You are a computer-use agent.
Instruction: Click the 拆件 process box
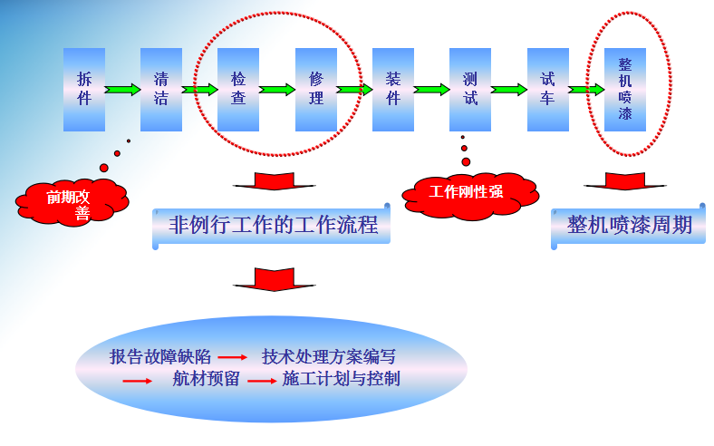(84, 89)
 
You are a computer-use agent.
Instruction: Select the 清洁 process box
(161, 89)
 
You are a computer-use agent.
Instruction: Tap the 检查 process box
(238, 89)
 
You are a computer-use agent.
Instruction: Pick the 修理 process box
(316, 89)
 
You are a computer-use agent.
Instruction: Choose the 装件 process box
(393, 89)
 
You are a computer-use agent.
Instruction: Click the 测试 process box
(470, 89)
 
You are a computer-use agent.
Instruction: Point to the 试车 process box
(547, 89)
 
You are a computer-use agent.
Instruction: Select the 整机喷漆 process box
(625, 89)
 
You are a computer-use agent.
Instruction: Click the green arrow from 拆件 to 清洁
(122, 90)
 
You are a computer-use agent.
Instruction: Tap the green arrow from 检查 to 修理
(277, 90)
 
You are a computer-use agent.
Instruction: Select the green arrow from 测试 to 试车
(509, 90)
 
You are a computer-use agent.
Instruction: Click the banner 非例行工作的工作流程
(272, 226)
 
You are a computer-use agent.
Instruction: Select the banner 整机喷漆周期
(629, 226)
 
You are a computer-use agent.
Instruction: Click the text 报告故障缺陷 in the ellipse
(159, 356)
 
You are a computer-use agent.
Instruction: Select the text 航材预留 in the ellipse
(206, 379)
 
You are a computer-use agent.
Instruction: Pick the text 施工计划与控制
(342, 379)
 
